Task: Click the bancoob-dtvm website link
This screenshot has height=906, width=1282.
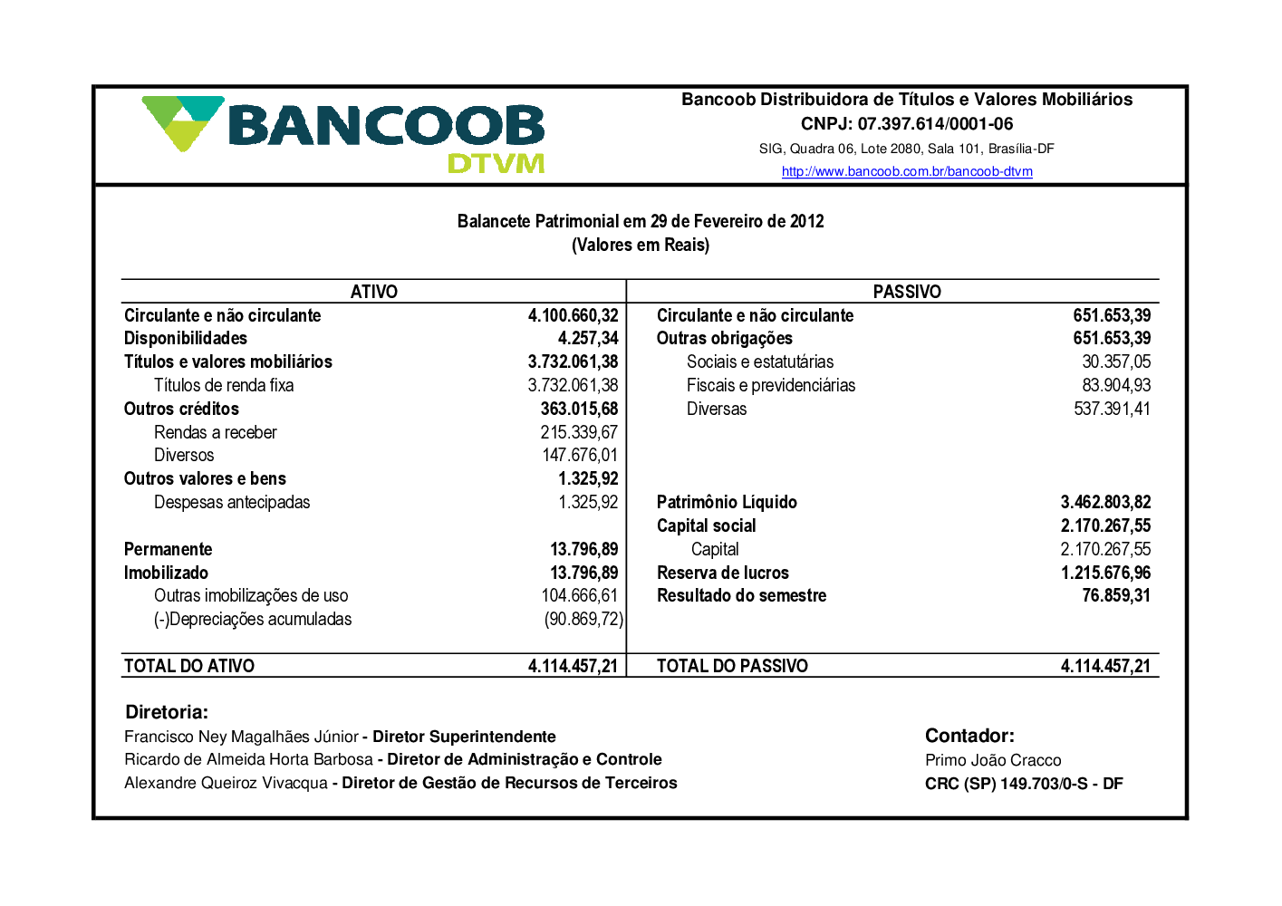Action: pyautogui.click(x=907, y=171)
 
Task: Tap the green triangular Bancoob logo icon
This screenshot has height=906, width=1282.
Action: pyautogui.click(x=182, y=121)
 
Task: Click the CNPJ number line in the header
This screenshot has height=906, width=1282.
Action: pyautogui.click(x=907, y=124)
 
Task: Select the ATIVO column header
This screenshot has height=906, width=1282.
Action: pyautogui.click(x=374, y=292)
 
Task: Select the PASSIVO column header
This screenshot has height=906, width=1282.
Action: pyautogui.click(x=907, y=292)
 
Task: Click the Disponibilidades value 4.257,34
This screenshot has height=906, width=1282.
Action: pyautogui.click(x=588, y=339)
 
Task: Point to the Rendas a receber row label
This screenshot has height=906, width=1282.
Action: pyautogui.click(x=216, y=433)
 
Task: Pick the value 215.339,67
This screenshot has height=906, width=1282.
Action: pyautogui.click(x=579, y=433)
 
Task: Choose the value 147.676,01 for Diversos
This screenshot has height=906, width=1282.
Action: pyautogui.click(x=580, y=456)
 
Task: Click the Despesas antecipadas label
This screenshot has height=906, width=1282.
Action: pyautogui.click(x=232, y=503)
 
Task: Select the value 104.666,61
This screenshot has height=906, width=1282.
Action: pyautogui.click(x=580, y=596)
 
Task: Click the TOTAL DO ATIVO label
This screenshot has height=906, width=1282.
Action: pyautogui.click(x=189, y=667)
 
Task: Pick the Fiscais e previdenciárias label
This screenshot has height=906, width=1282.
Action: pyautogui.click(x=771, y=386)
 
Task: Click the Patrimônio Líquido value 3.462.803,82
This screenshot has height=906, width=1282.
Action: pyautogui.click(x=1105, y=503)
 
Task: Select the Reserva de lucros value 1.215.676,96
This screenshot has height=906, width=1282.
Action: pyautogui.click(x=1105, y=573)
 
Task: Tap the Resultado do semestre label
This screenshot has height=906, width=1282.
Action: pyautogui.click(x=741, y=596)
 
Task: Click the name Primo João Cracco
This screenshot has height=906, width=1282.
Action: pyautogui.click(x=993, y=761)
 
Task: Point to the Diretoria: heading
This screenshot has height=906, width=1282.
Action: pyautogui.click(x=167, y=713)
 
